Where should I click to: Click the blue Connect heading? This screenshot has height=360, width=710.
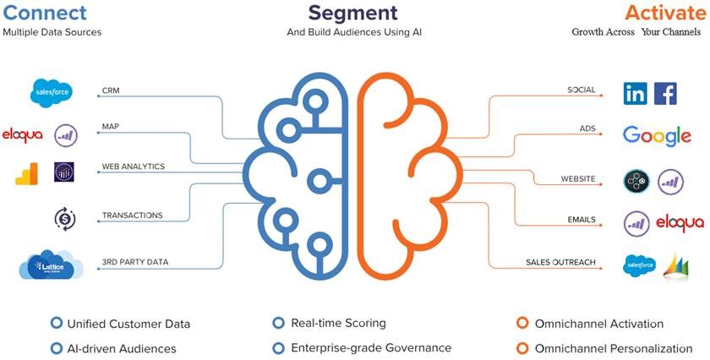[x=45, y=14]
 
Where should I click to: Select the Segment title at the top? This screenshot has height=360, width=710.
[x=353, y=14]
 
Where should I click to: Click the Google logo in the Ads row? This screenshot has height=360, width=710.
[x=657, y=135]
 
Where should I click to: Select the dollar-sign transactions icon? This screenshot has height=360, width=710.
[x=65, y=219]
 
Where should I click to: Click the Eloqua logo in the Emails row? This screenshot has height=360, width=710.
[x=680, y=222]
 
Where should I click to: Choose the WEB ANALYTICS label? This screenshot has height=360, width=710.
[x=134, y=166]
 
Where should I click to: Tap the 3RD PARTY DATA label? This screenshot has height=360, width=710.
[x=135, y=262]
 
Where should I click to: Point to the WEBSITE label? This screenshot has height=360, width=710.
[x=578, y=179]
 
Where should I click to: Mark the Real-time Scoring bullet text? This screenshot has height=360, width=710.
[x=338, y=323]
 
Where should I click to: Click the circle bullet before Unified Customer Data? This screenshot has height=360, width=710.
[x=57, y=323]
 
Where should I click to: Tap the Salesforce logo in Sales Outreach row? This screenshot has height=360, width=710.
[x=640, y=265]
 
